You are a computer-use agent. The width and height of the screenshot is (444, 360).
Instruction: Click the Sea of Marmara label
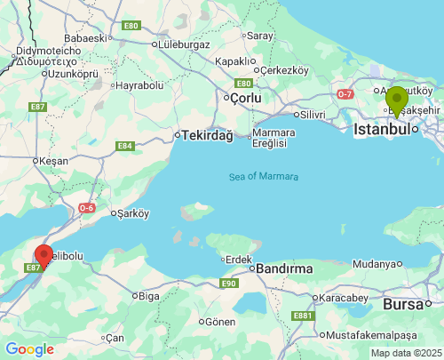[264, 176]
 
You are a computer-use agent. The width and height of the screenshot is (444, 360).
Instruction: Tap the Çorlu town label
[247, 99]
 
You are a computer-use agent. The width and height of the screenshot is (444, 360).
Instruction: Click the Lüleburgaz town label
[182, 42]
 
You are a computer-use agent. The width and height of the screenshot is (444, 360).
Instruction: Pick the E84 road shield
[125, 146]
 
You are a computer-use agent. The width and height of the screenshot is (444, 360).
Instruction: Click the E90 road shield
[228, 284]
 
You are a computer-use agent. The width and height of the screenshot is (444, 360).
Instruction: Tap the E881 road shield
[303, 315]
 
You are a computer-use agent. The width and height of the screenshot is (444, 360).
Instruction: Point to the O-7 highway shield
[346, 93]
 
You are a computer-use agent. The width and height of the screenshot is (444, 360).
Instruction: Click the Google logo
[28, 349]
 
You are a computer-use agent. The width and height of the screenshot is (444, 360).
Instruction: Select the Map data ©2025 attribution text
[406, 353]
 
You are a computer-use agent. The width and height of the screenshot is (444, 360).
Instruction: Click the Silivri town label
[312, 115]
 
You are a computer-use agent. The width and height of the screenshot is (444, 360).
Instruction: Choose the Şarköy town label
[131, 213]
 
